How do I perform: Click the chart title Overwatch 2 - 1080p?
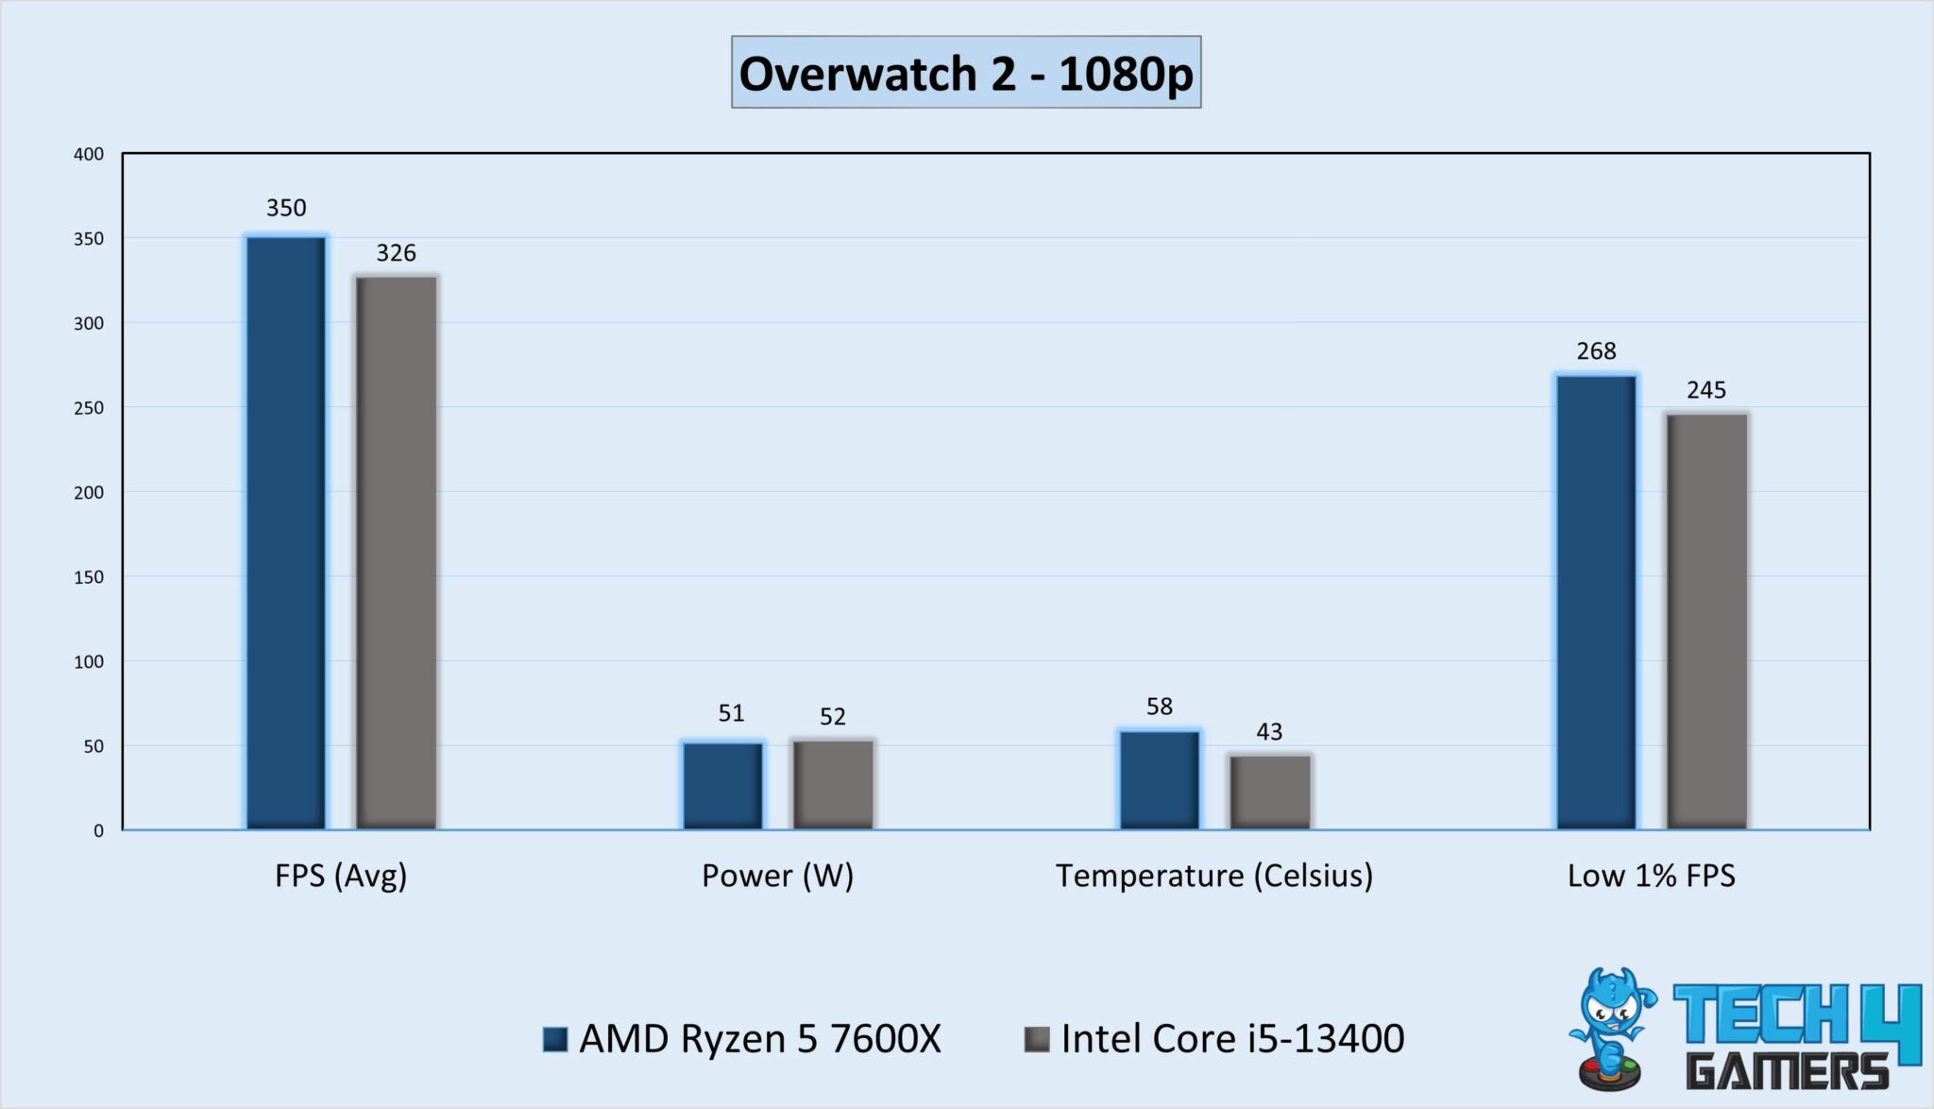point(965,73)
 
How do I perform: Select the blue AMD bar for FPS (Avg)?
point(286,533)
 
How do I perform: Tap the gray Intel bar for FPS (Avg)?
point(397,553)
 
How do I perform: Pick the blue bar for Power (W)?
point(723,786)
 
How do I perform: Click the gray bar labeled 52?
point(833,785)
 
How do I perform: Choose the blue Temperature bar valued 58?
point(1160,780)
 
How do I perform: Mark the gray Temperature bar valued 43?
point(1270,793)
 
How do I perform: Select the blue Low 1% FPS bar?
point(1596,603)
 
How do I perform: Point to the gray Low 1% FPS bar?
point(1706,622)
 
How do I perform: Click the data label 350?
point(286,208)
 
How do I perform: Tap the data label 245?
point(1705,390)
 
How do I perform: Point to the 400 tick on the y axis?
point(89,154)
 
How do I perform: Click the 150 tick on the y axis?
point(89,577)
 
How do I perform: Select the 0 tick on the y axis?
point(98,831)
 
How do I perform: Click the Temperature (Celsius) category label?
point(1213,876)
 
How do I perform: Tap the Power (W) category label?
point(777,876)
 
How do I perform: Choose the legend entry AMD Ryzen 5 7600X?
point(759,1039)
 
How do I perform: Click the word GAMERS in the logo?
point(1787,1071)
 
